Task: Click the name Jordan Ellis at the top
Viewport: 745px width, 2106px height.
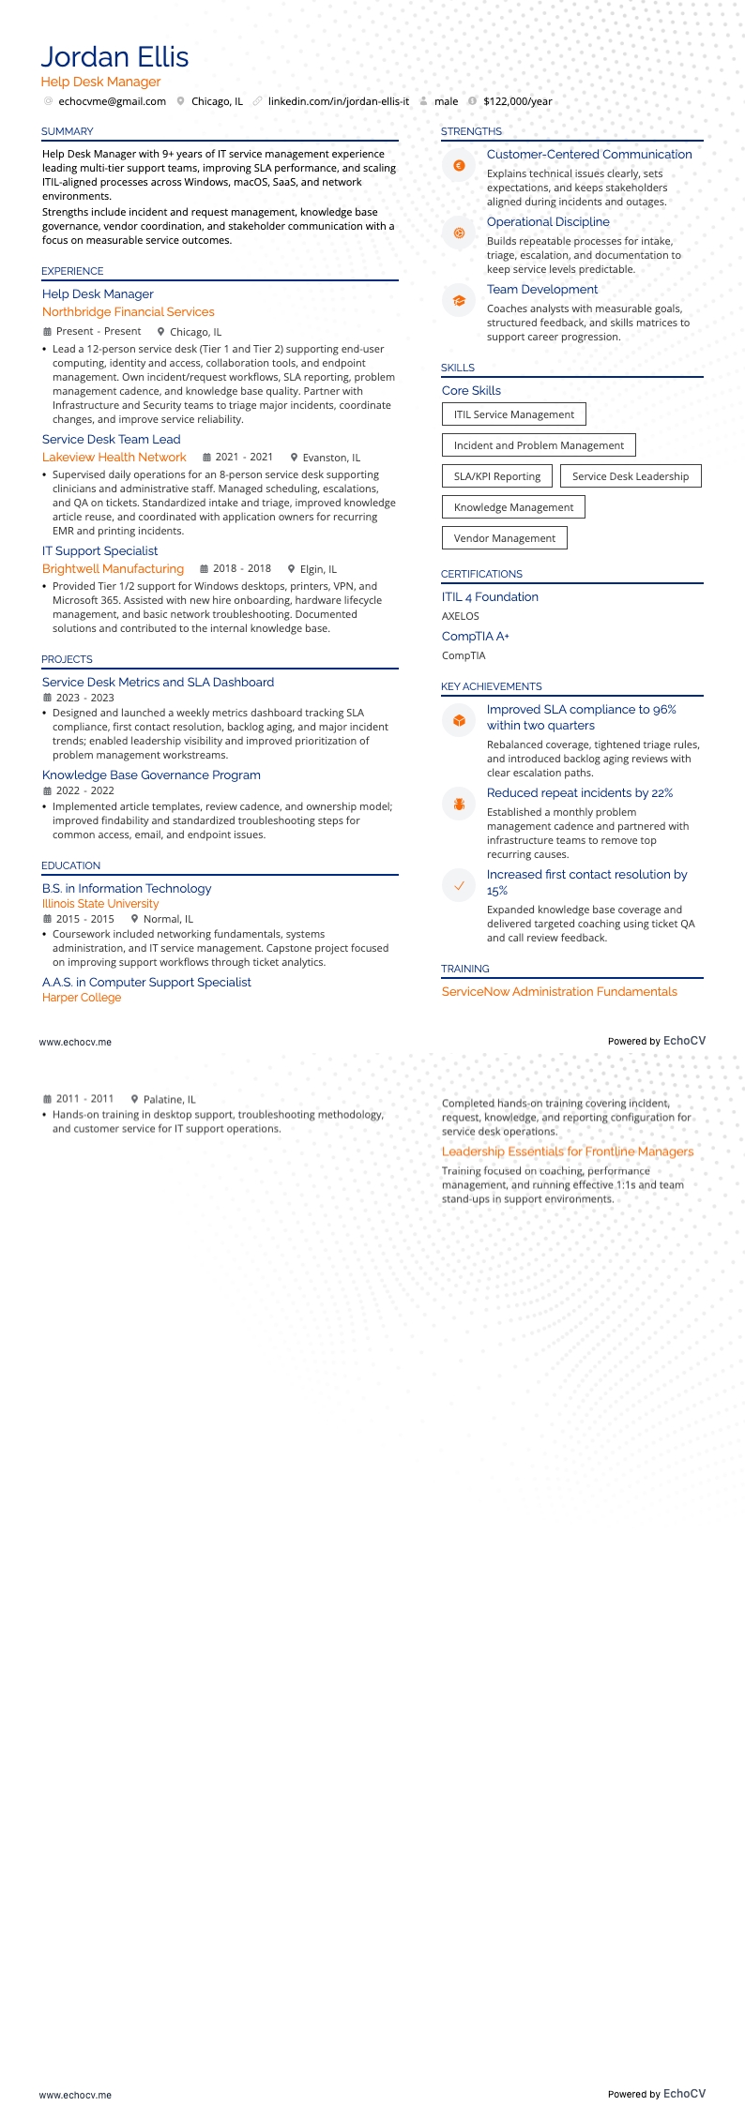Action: pyautogui.click(x=114, y=57)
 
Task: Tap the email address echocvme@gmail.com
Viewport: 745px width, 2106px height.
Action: pyautogui.click(x=112, y=101)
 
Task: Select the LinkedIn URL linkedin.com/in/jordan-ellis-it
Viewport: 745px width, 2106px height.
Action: pyautogui.click(x=338, y=101)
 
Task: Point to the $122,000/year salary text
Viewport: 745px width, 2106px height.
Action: pyautogui.click(x=517, y=101)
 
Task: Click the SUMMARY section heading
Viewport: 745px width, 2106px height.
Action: pyautogui.click(x=68, y=131)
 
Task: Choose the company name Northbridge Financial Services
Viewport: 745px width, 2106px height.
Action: pyautogui.click(x=128, y=312)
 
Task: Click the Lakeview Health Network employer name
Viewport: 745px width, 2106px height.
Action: pyautogui.click(x=114, y=458)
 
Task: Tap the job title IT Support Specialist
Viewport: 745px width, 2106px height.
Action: pyautogui.click(x=99, y=551)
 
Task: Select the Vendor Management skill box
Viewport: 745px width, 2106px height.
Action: pyautogui.click(x=504, y=538)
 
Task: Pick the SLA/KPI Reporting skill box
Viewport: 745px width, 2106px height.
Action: pyautogui.click(x=496, y=476)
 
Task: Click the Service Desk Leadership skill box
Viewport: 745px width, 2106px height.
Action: pyautogui.click(x=630, y=476)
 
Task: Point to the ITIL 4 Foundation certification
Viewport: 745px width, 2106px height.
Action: pyautogui.click(x=490, y=597)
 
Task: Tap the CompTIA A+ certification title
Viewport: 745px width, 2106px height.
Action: pyautogui.click(x=475, y=637)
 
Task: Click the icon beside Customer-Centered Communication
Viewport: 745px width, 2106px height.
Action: pyautogui.click(x=459, y=165)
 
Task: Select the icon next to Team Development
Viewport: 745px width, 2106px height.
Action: pyautogui.click(x=459, y=300)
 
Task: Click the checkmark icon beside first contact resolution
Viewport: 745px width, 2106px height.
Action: pyautogui.click(x=459, y=885)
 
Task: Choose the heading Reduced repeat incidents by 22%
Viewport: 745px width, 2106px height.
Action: pyautogui.click(x=579, y=793)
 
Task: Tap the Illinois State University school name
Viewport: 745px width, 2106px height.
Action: pyautogui.click(x=100, y=904)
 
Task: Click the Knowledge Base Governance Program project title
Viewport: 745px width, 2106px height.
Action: pyautogui.click(x=151, y=775)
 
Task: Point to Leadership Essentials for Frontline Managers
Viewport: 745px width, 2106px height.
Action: pyautogui.click(x=568, y=1151)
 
